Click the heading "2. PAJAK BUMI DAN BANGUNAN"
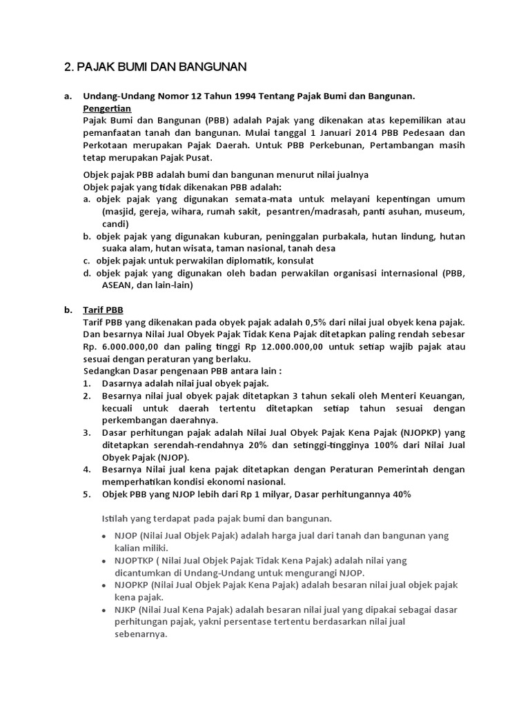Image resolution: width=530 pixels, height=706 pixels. pyautogui.click(x=155, y=67)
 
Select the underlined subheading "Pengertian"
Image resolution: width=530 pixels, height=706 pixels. pyautogui.click(x=107, y=108)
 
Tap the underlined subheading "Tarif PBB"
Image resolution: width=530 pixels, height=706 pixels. pyautogui.click(x=103, y=310)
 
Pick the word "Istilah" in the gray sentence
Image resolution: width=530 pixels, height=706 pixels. pyautogui.click(x=115, y=517)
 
